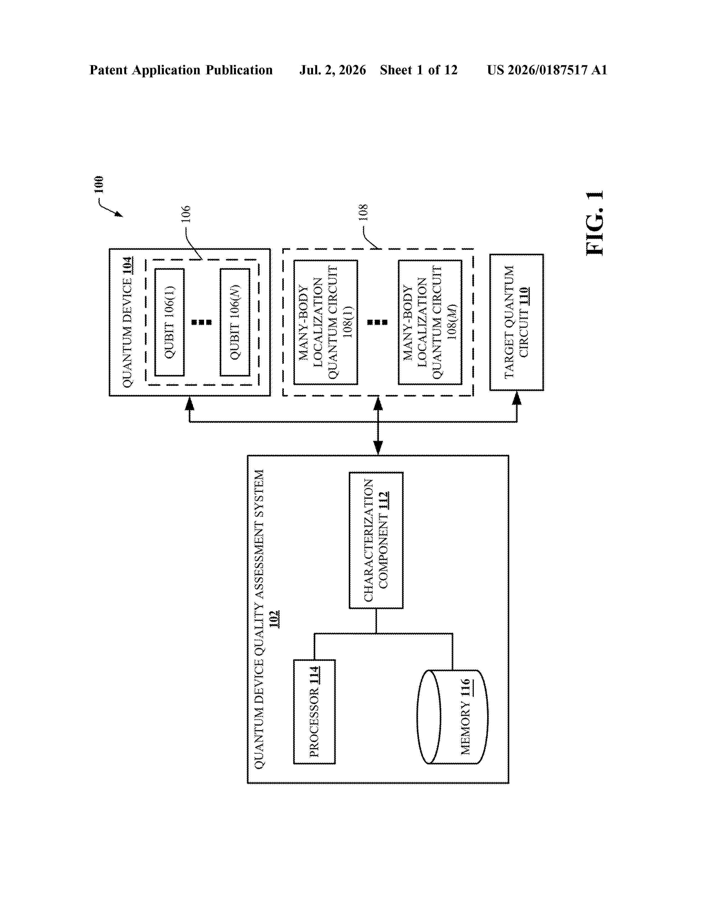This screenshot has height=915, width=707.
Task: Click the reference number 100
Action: (x=98, y=184)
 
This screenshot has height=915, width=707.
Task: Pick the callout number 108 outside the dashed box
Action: (x=363, y=212)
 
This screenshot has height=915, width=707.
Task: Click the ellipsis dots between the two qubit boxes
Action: (x=202, y=322)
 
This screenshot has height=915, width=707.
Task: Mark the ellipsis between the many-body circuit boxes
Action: (x=377, y=322)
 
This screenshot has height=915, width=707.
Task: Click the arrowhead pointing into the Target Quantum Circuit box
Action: (x=517, y=398)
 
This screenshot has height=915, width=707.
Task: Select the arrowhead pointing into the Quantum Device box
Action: (x=190, y=403)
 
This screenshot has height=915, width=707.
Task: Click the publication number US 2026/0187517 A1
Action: (x=547, y=70)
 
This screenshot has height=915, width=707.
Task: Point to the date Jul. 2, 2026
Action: (x=332, y=70)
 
